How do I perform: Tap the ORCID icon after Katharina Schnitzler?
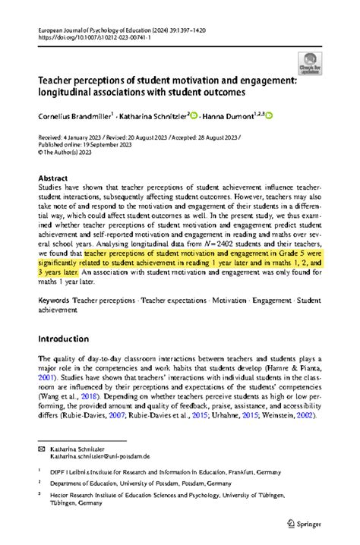194,116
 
